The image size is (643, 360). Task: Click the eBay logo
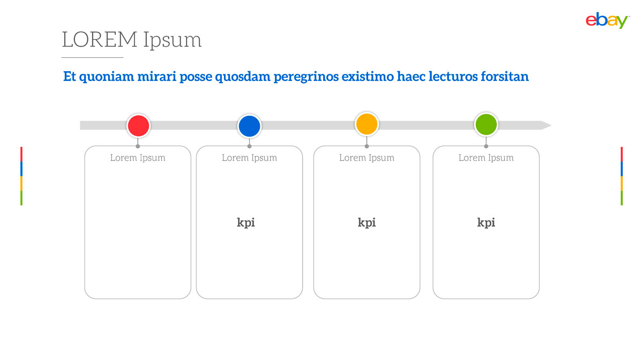click(x=607, y=20)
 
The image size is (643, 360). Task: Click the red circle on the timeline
click(x=138, y=126)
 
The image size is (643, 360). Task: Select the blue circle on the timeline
click(x=249, y=126)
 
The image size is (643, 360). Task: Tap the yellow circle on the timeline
click(x=367, y=124)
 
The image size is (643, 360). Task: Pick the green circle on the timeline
click(x=486, y=124)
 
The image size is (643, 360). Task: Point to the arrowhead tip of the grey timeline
click(x=551, y=125)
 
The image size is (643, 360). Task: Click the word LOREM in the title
click(x=100, y=40)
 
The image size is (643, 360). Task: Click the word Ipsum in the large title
click(x=173, y=40)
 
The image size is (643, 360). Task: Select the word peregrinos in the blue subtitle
click(x=306, y=77)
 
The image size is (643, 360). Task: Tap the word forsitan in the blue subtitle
click(x=505, y=77)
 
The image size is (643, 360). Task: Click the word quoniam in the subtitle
click(x=107, y=77)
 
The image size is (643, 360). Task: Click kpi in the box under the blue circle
click(x=246, y=223)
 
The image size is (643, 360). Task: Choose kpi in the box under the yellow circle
click(x=367, y=223)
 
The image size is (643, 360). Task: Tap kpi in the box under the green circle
click(x=486, y=223)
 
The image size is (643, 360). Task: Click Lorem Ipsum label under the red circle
click(x=138, y=158)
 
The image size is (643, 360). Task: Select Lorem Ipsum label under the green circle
click(x=486, y=158)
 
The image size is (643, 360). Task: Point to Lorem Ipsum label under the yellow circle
click(x=367, y=158)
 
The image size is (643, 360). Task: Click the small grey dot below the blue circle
click(x=249, y=146)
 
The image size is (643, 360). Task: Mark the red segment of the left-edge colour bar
click(x=21, y=154)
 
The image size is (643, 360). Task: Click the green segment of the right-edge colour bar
click(x=622, y=198)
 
